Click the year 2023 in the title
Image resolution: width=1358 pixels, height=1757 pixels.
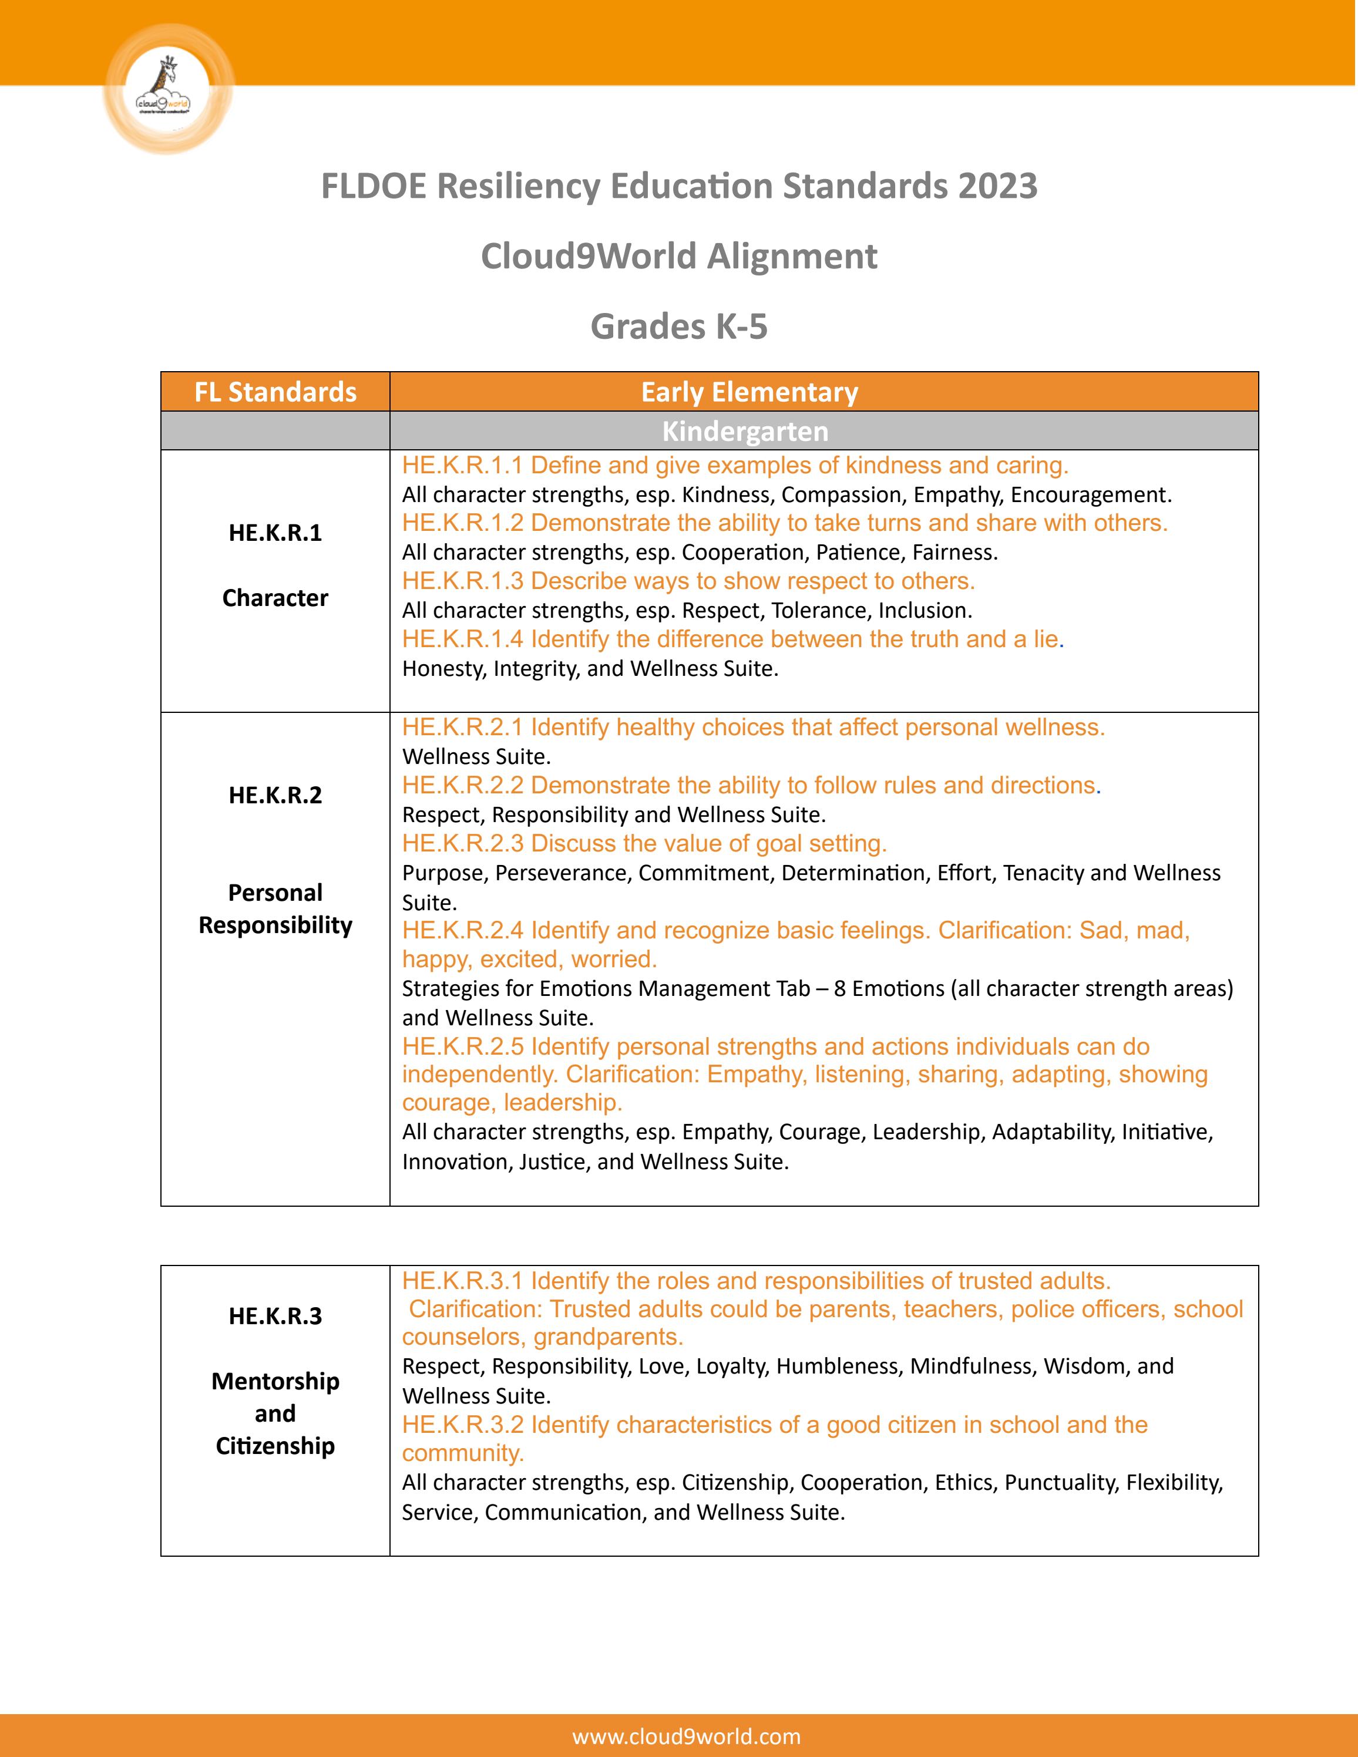point(997,186)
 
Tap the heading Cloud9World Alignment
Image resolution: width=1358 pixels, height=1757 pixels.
point(678,257)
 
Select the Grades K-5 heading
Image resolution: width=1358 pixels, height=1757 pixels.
point(678,327)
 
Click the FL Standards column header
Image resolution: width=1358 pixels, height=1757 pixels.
point(275,392)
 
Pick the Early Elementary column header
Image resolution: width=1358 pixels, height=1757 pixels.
point(749,392)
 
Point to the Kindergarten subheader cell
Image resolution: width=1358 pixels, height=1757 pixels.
point(744,431)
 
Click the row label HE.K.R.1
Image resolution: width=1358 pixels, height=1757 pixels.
point(275,533)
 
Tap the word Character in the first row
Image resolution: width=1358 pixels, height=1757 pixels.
point(275,598)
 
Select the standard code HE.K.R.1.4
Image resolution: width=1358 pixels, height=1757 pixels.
point(463,639)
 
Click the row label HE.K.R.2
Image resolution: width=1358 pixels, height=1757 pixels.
point(275,795)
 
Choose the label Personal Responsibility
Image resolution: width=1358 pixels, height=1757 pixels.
point(275,909)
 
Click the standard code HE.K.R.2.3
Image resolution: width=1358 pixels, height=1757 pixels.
point(463,844)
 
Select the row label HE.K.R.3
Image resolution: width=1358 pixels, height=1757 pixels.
point(275,1316)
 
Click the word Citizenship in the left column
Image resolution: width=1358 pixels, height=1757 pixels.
point(275,1446)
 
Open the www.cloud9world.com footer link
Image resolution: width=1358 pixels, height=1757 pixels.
point(686,1736)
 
